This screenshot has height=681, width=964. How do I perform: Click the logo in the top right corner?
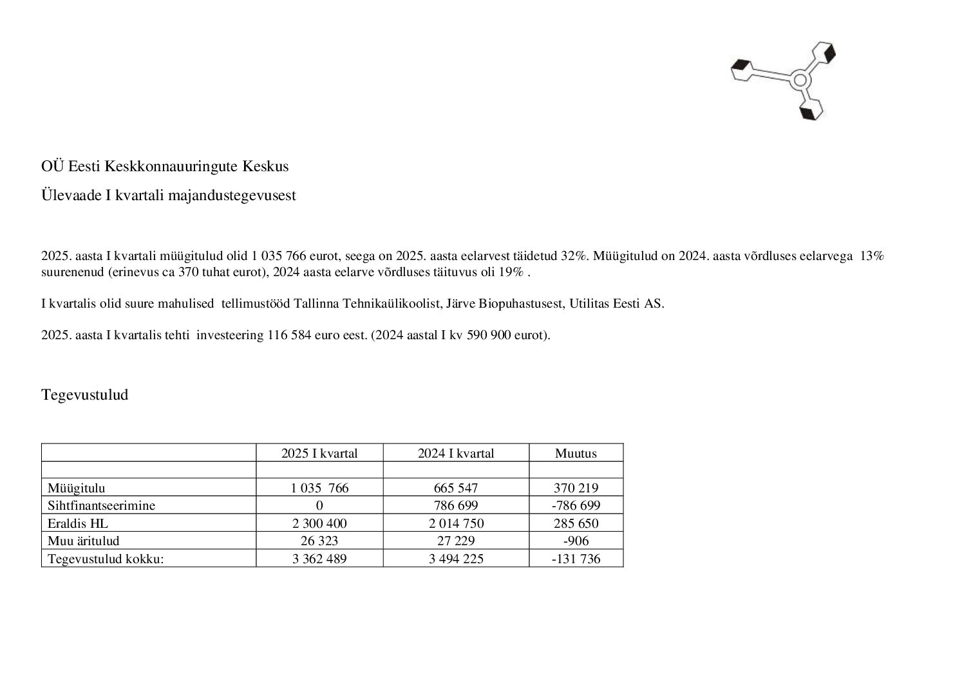coord(784,80)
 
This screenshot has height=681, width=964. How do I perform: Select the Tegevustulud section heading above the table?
coord(84,395)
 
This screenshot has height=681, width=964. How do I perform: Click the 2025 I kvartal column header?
coord(319,453)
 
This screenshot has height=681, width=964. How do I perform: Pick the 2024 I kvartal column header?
coord(456,453)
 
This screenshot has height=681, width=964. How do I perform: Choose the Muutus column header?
coord(576,453)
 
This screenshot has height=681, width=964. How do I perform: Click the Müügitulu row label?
coord(76,488)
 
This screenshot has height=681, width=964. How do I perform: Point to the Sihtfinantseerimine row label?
coord(101,505)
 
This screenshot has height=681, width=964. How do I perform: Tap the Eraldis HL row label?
coord(77,523)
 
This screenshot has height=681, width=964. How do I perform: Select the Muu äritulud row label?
coord(83,541)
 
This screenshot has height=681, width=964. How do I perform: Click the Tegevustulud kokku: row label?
coord(106,559)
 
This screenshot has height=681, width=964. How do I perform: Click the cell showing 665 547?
coord(456,488)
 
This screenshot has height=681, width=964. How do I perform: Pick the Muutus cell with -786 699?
coord(576,505)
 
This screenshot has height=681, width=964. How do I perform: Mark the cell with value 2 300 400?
coord(319,523)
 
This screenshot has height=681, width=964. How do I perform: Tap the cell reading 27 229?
coord(456,541)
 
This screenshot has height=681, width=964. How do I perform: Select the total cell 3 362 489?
coord(319,559)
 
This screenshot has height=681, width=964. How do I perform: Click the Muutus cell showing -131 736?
coord(576,559)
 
